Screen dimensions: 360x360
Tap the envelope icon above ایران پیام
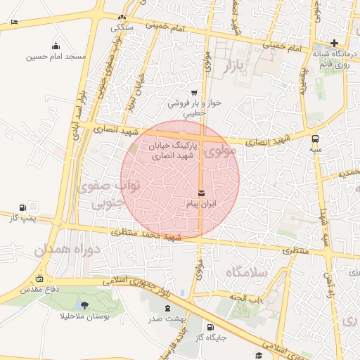(x=202, y=193)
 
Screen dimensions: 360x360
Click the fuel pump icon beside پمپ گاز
(x=24, y=207)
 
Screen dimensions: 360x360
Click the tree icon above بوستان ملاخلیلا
(x=85, y=305)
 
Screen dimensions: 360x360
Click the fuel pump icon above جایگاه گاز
(x=210, y=326)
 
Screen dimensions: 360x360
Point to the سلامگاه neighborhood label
(x=245, y=270)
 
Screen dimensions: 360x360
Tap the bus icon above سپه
(x=315, y=139)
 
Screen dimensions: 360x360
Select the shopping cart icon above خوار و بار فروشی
(x=194, y=92)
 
